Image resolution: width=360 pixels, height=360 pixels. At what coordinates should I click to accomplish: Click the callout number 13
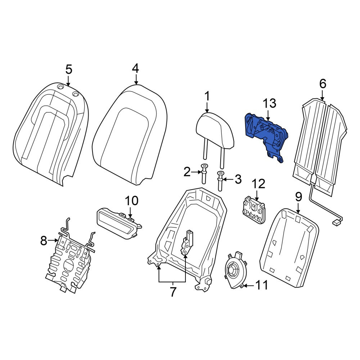pos(269,103)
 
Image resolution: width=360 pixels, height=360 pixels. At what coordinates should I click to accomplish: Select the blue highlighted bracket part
pos(266,135)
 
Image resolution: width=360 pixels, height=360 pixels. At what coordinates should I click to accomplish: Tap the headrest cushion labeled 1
pos(215,130)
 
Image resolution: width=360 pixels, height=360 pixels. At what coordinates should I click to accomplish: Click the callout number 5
pos(69,69)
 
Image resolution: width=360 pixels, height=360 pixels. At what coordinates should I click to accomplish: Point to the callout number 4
pos(135,68)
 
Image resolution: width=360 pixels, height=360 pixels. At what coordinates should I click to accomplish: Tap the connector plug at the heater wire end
pos(336,222)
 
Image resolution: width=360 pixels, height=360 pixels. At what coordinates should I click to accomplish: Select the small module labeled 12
pos(254,209)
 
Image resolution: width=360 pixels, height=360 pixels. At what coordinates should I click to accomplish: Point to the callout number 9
pos(298,197)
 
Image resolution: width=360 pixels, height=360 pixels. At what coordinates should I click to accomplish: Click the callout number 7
pos(173,292)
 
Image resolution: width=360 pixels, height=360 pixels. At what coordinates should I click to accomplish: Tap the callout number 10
pos(131,201)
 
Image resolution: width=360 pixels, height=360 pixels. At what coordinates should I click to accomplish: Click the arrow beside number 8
pos(53,240)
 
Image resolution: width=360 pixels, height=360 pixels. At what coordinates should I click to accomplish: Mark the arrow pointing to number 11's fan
pos(249,285)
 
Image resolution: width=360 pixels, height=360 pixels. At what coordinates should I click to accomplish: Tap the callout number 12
pos(258,184)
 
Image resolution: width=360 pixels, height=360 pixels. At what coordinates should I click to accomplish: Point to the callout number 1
pos(207,96)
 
